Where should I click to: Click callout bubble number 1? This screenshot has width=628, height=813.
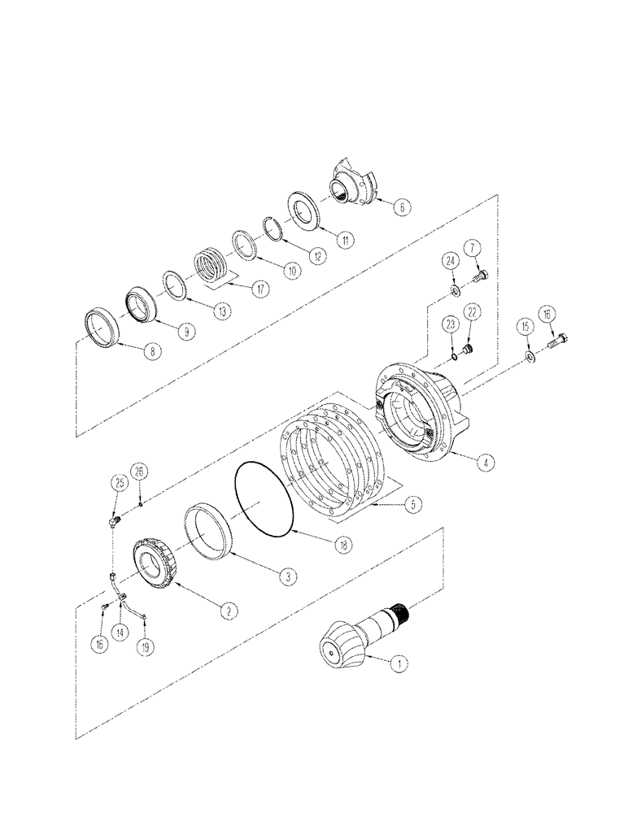pyautogui.click(x=399, y=663)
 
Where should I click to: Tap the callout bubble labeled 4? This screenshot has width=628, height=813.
pyautogui.click(x=485, y=463)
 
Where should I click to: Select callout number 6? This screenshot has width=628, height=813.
pyautogui.click(x=400, y=207)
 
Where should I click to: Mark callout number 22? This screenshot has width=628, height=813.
pyautogui.click(x=472, y=314)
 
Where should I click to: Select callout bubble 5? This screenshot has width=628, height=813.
pyautogui.click(x=416, y=505)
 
